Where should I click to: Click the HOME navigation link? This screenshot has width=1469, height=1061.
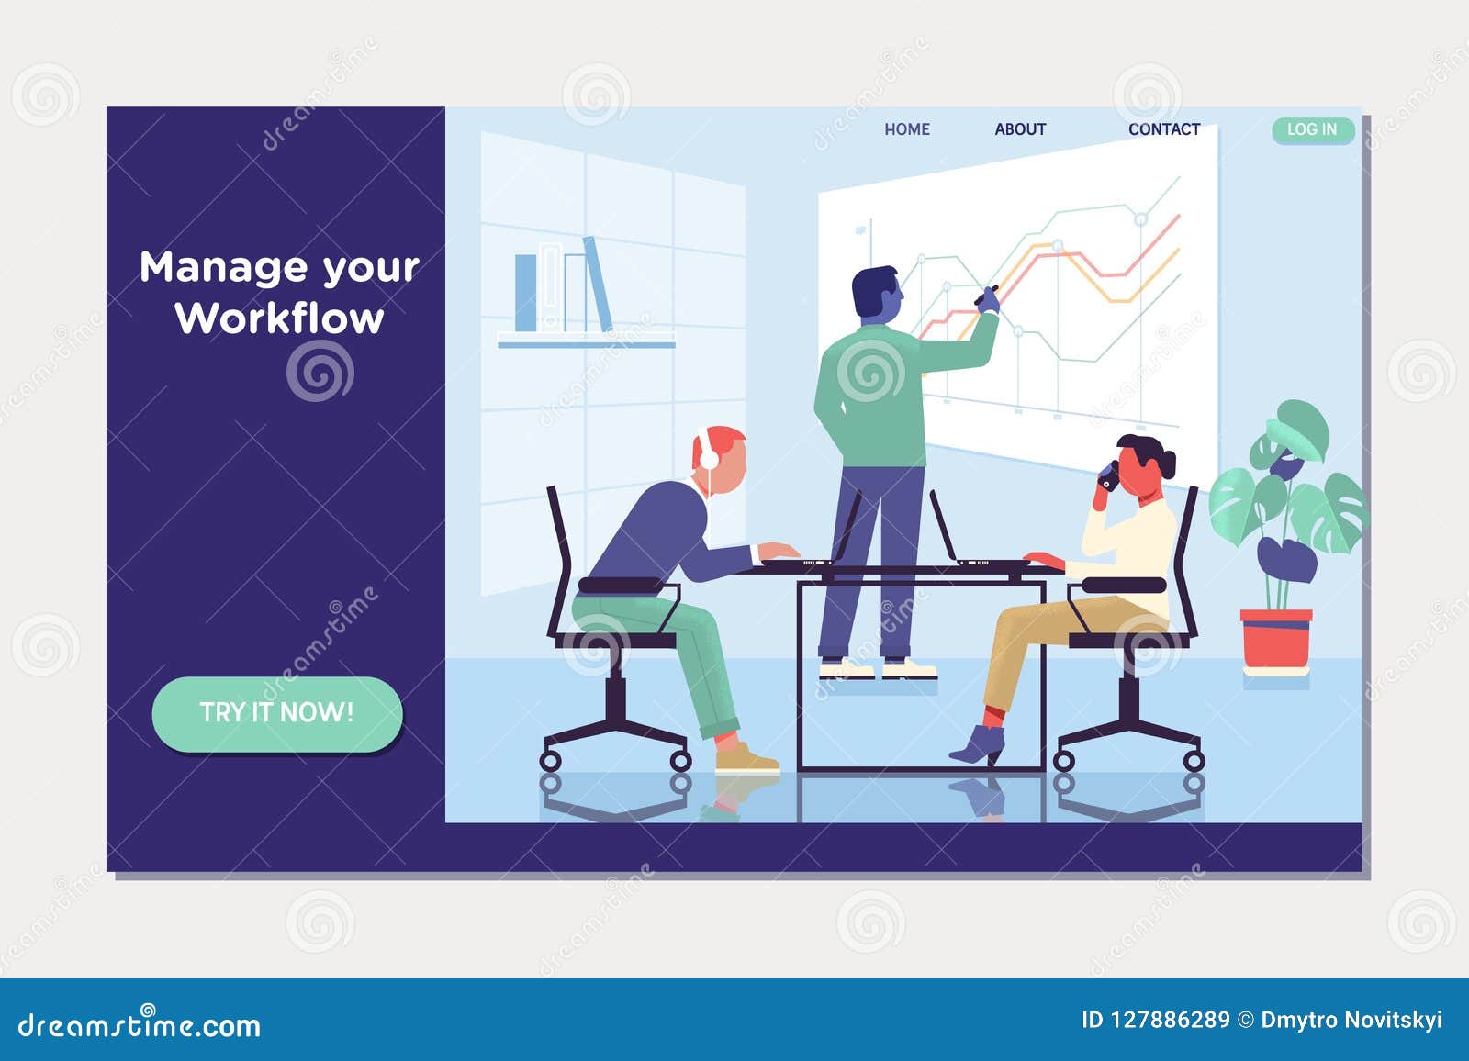tap(906, 129)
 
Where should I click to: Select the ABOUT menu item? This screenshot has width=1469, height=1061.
tap(1020, 129)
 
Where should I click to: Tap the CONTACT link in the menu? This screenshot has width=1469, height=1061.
tap(1163, 129)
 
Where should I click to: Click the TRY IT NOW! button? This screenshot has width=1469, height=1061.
tap(276, 713)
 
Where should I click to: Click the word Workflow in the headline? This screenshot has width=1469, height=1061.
tap(279, 318)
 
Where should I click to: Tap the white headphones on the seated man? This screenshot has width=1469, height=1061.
tap(707, 450)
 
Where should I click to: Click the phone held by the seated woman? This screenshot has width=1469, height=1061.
tap(1109, 475)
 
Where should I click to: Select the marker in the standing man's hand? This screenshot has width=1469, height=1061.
tap(986, 295)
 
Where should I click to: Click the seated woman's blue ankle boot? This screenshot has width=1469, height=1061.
tap(979, 744)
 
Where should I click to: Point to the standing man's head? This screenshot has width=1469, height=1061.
tap(875, 293)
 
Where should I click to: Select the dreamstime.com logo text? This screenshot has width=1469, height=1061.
tap(140, 1025)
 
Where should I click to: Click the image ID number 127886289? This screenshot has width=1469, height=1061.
tap(1170, 1020)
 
